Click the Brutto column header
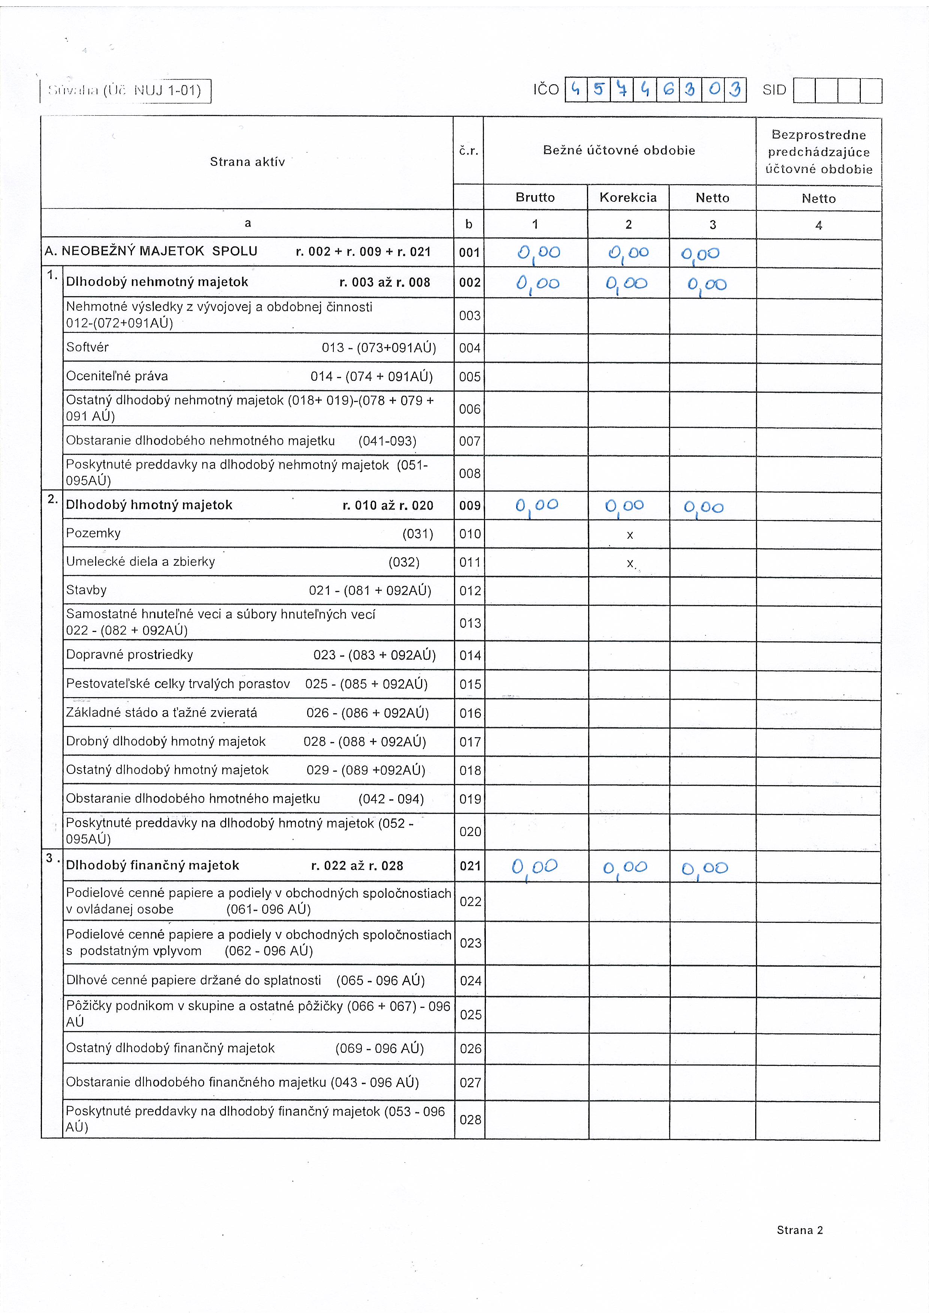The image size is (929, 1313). (535, 197)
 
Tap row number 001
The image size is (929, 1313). (469, 252)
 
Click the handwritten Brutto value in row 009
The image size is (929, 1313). (536, 505)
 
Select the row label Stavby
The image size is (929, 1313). (87, 590)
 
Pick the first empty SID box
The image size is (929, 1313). (804, 90)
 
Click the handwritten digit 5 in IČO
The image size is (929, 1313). (598, 90)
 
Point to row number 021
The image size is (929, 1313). (470, 866)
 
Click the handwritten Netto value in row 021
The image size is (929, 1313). (704, 868)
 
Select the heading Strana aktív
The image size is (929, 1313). (247, 162)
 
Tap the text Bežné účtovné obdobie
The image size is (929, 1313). (619, 151)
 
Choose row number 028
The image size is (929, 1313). (470, 1119)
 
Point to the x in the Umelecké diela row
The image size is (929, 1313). (630, 563)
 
